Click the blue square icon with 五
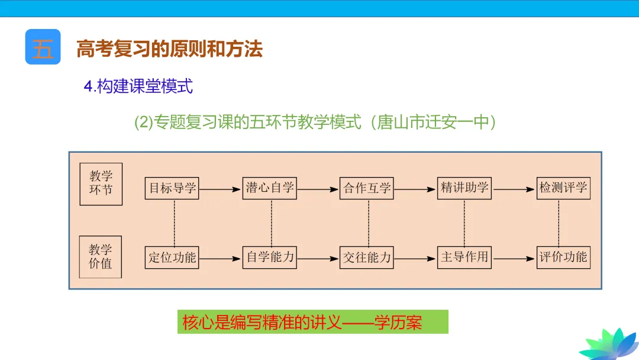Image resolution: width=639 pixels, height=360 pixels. pyautogui.click(x=43, y=47)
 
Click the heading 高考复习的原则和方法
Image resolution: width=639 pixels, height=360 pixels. pyautogui.click(x=169, y=49)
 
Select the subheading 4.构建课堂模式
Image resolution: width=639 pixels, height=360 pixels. pyautogui.click(x=138, y=86)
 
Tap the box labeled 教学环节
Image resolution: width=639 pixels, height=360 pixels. pyautogui.click(x=101, y=184)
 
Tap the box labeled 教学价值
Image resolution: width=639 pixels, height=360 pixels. pyautogui.click(x=101, y=257)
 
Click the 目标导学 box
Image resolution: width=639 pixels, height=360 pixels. pyautogui.click(x=172, y=188)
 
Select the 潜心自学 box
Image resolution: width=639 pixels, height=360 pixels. pyautogui.click(x=269, y=188)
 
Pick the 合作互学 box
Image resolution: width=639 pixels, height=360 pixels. pyautogui.click(x=367, y=189)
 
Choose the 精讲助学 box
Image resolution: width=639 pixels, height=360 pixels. pyautogui.click(x=464, y=188)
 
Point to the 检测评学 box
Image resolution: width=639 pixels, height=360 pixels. pyautogui.click(x=563, y=188)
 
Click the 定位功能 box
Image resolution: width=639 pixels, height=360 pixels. pyautogui.click(x=172, y=258)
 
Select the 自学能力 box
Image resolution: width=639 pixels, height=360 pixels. pyautogui.click(x=269, y=258)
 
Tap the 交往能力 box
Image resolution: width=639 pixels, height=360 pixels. pyautogui.click(x=367, y=258)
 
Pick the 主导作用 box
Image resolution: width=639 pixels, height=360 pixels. pyautogui.click(x=464, y=258)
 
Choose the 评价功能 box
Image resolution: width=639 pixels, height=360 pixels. pyautogui.click(x=563, y=258)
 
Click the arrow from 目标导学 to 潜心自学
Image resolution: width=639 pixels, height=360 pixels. pyautogui.click(x=220, y=189)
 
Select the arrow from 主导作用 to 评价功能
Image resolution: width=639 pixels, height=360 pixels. pyautogui.click(x=514, y=258)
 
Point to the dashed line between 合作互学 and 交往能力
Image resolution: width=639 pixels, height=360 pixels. pyautogui.click(x=368, y=223)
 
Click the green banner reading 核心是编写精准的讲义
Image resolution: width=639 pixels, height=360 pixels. pyautogui.click(x=313, y=322)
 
